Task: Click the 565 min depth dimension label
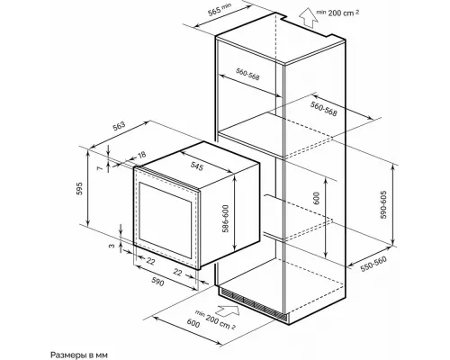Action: point(220,10)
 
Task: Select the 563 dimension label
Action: point(119,127)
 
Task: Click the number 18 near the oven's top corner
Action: point(141,155)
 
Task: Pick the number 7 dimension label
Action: point(100,168)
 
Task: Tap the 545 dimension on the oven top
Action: point(196,166)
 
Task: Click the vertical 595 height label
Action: point(79,188)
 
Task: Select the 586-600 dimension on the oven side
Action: point(225,219)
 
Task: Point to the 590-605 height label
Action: point(383,205)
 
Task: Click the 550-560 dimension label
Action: point(373,265)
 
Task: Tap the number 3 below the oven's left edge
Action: point(112,246)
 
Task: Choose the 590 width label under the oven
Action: point(157,282)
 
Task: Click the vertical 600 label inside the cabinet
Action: point(317,198)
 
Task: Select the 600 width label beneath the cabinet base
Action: point(193,323)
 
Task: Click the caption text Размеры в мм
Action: point(79,355)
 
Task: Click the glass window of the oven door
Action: point(166,220)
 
